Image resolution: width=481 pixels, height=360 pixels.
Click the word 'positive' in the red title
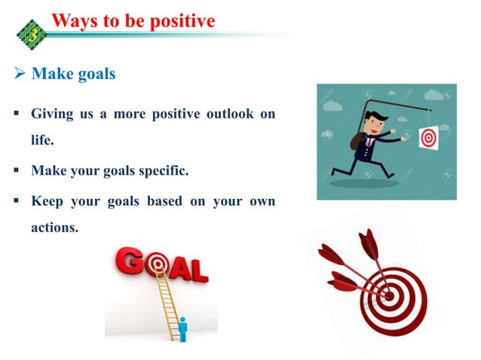[178, 20]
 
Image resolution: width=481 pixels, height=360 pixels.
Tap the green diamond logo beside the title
[32, 31]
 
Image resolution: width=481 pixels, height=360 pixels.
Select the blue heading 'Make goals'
[73, 75]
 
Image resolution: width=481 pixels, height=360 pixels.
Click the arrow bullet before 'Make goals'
[20, 75]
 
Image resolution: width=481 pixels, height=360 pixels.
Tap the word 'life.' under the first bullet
[44, 141]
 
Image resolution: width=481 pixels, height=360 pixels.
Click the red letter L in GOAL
[198, 270]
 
